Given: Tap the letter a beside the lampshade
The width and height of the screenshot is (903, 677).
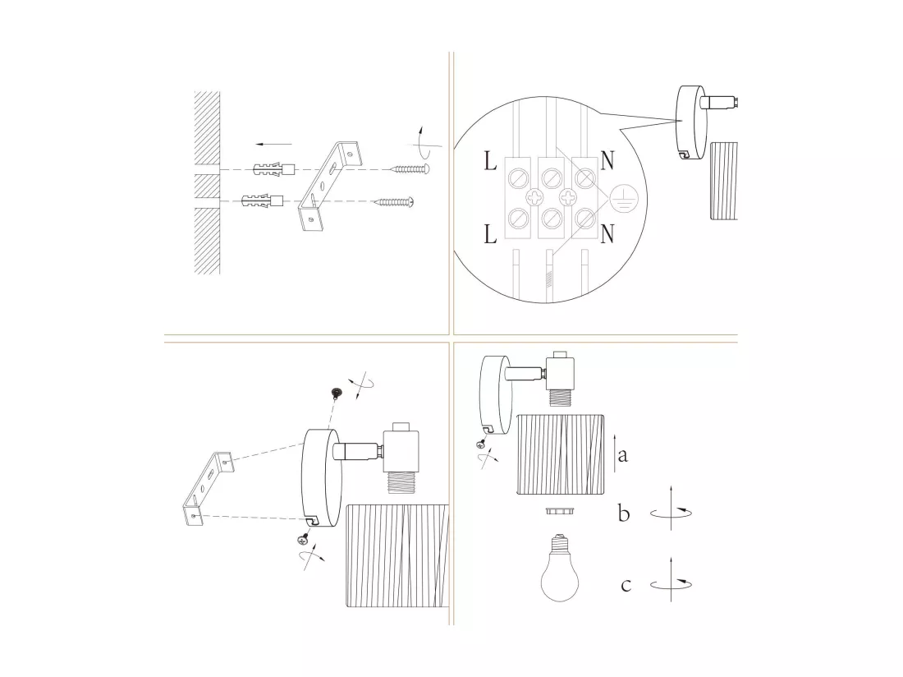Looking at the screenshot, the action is pyautogui.click(x=622, y=456).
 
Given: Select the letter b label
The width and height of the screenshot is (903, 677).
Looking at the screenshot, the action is pyautogui.click(x=624, y=513).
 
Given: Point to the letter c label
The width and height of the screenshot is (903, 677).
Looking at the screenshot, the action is pyautogui.click(x=626, y=585).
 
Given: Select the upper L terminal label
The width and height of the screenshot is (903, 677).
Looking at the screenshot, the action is pyautogui.click(x=490, y=161).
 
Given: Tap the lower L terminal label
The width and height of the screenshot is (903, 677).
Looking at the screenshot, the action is pyautogui.click(x=490, y=234).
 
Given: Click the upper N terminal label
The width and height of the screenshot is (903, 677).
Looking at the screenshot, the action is pyautogui.click(x=607, y=161).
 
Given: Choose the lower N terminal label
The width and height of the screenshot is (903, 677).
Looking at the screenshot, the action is pyautogui.click(x=607, y=234).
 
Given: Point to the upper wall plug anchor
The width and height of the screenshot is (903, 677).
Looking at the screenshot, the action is pyautogui.click(x=274, y=170).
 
